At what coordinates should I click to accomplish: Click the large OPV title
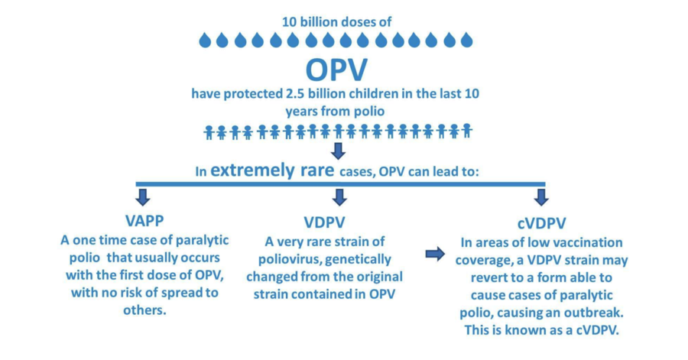pos(336,70)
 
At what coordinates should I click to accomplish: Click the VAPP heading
pos(144,221)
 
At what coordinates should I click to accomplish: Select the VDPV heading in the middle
pos(325,222)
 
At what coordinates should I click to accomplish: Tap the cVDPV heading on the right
pos(541,223)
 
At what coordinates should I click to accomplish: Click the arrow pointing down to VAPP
pos(143,197)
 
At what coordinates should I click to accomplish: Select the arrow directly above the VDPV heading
pos(339,197)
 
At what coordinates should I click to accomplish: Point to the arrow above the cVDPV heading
pos(541,197)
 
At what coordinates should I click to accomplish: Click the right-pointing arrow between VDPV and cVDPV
pos(435,254)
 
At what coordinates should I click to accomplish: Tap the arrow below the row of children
pos(338,151)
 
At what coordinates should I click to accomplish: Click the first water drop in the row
pos(205,40)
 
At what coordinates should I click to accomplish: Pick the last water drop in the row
pos(467,40)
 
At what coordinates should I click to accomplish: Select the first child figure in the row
pos(209,132)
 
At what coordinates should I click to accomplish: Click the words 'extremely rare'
pos(272,170)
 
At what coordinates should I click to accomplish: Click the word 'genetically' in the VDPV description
pos(358,259)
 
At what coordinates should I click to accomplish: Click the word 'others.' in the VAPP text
pos(144,310)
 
